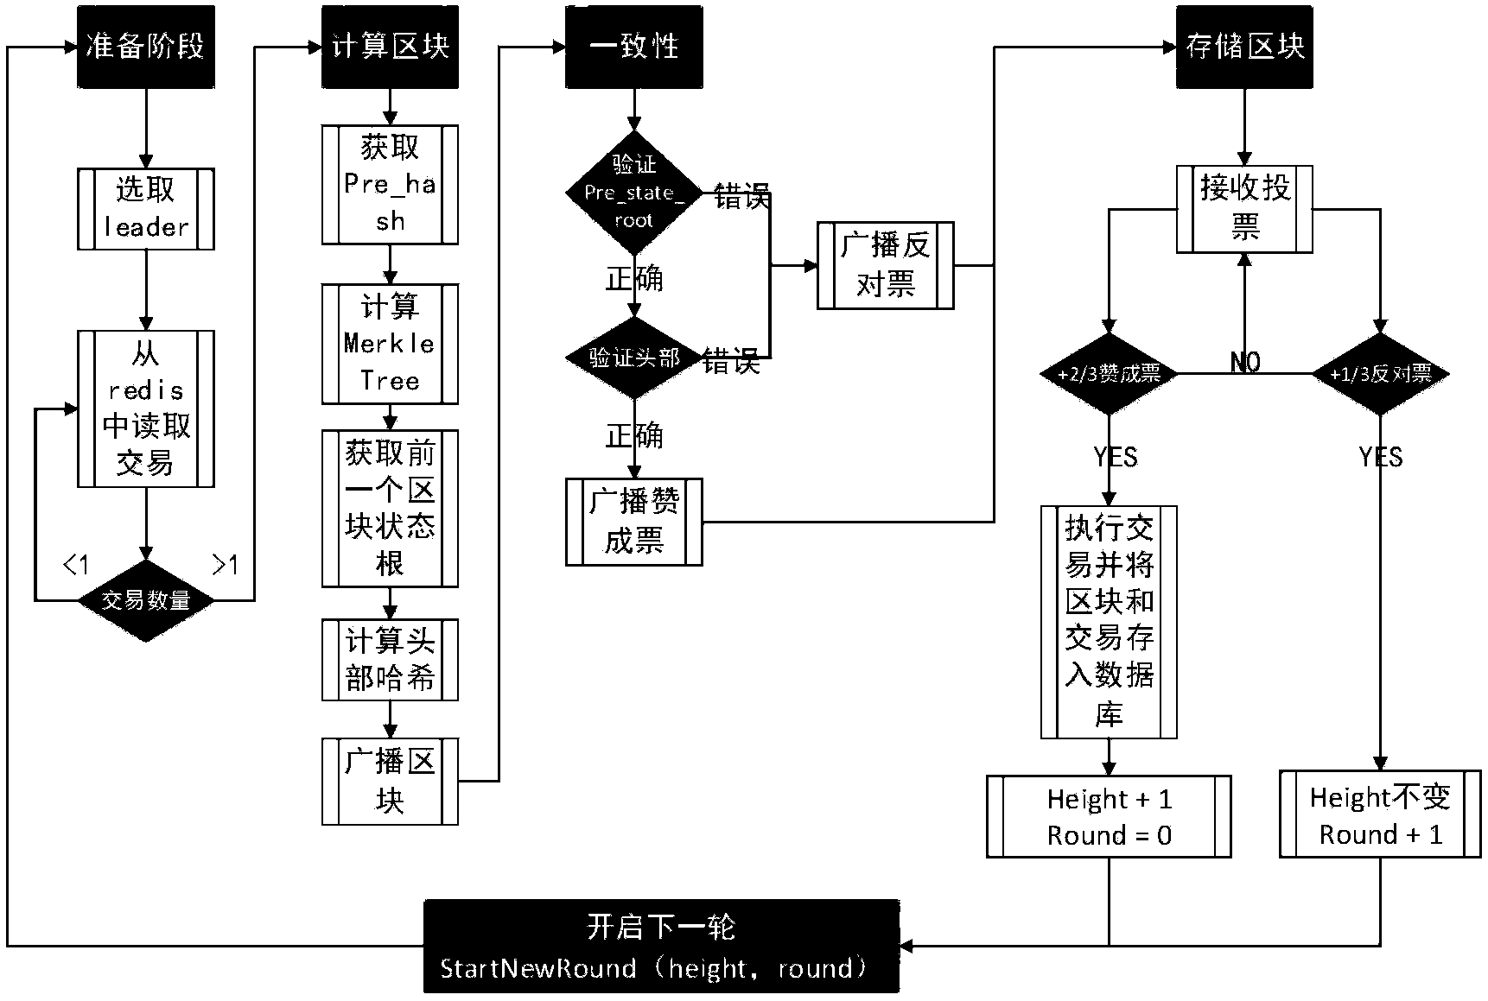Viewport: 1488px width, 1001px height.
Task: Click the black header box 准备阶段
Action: click(x=146, y=47)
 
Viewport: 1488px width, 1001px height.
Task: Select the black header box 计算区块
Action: click(x=390, y=47)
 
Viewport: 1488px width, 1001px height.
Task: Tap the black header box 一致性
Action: click(x=634, y=47)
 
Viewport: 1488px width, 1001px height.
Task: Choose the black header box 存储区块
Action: click(x=1244, y=47)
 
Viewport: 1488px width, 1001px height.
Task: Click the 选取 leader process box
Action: click(x=146, y=209)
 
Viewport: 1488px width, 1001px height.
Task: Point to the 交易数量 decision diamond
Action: click(x=146, y=599)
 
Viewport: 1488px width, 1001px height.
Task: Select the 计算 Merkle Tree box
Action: click(x=390, y=344)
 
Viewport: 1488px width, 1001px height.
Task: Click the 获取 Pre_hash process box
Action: click(x=390, y=185)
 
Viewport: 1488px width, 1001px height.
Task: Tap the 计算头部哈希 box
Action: click(x=390, y=659)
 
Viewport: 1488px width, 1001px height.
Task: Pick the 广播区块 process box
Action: click(x=390, y=782)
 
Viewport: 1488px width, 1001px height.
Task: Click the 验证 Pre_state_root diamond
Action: click(x=634, y=193)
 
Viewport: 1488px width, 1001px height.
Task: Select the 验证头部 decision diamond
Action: click(x=634, y=358)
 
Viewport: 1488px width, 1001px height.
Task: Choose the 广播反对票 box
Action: click(x=886, y=265)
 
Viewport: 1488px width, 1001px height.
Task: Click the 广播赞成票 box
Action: click(x=634, y=522)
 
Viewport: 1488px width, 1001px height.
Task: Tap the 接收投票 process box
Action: click(x=1244, y=209)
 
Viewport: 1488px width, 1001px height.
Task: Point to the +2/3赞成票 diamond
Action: click(x=1110, y=374)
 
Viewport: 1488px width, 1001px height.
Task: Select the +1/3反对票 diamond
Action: click(x=1380, y=374)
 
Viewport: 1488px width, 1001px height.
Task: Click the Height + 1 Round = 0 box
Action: click(x=1110, y=816)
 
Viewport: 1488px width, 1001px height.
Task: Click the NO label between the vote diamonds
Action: click(x=1245, y=363)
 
